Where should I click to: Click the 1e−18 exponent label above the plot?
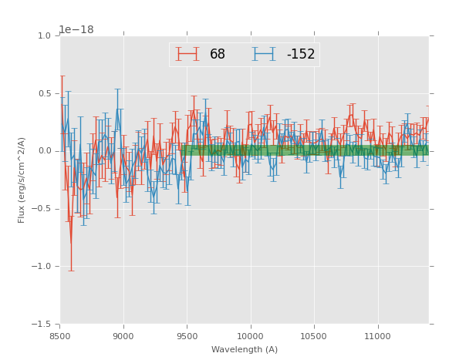tap(76, 30)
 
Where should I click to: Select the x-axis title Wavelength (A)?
tap(245, 349)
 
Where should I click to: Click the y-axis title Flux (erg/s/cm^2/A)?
tap(22, 180)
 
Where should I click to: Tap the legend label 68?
tap(218, 55)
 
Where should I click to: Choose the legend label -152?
tap(301, 55)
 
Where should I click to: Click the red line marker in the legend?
tap(187, 54)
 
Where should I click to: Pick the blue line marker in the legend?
tap(265, 54)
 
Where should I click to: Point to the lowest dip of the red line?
tap(71, 246)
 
